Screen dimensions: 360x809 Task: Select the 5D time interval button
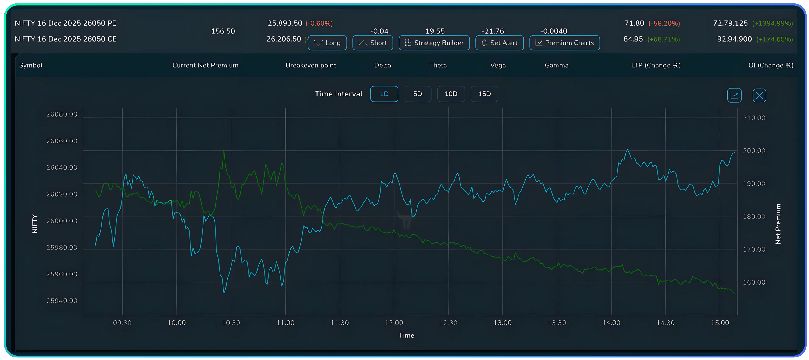[417, 94]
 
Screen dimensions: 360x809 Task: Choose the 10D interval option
[451, 94]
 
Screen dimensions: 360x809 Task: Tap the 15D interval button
[484, 94]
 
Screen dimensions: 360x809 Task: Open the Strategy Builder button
[434, 43]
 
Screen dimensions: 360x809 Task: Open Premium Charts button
[564, 43]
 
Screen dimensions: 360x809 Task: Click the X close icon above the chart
[759, 95]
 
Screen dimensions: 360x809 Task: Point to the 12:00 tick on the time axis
[394, 323]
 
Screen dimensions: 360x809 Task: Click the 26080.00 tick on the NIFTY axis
[62, 114]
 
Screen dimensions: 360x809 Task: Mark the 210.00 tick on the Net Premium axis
[754, 118]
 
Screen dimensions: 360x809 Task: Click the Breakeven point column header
[311, 65]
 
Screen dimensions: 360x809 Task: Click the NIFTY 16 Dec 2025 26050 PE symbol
[65, 23]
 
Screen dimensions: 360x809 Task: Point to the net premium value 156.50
[223, 31]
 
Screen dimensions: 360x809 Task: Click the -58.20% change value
[664, 24]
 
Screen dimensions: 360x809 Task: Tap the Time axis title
[406, 335]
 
